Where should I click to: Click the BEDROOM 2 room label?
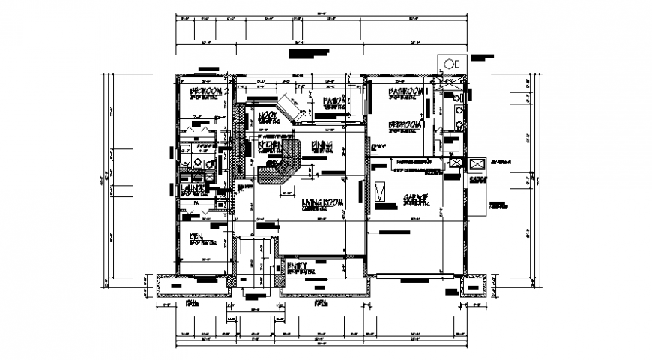[202, 91]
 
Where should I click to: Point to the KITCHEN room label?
[269, 144]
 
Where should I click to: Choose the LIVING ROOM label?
[322, 203]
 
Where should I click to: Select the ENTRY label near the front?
[299, 264]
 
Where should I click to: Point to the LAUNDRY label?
[193, 190]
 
